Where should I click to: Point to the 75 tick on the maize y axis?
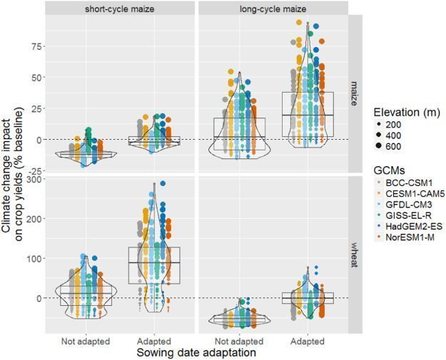click(x=34, y=46)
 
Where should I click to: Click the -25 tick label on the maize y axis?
click(x=33, y=171)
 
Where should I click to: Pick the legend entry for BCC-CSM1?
click(x=404, y=183)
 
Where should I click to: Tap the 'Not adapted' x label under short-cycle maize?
click(x=86, y=341)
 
